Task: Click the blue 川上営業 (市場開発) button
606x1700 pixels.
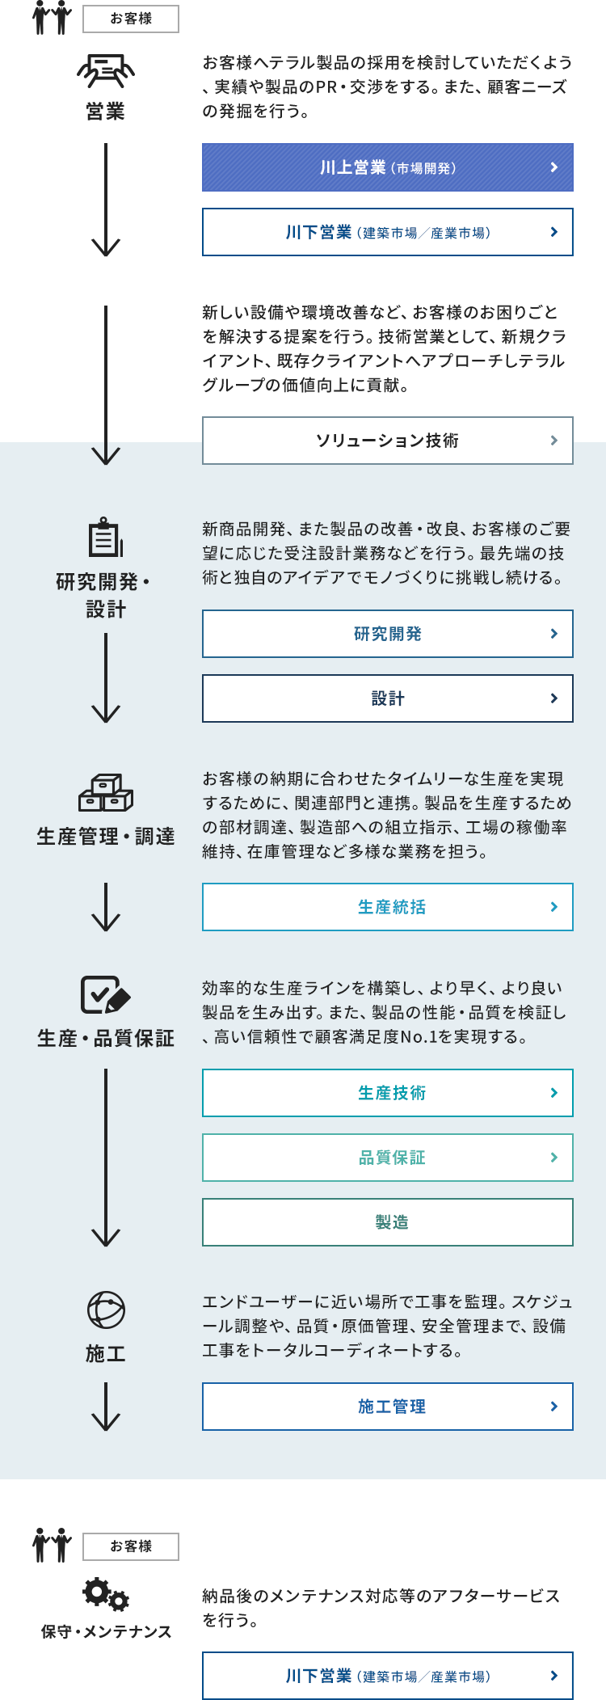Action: click(x=388, y=167)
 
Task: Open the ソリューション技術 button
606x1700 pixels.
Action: click(x=388, y=441)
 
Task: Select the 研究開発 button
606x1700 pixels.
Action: click(x=388, y=634)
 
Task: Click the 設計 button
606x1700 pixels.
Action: click(x=388, y=698)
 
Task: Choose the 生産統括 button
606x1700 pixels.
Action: click(x=388, y=907)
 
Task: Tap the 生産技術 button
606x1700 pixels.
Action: click(x=388, y=1093)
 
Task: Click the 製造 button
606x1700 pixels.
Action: click(x=388, y=1222)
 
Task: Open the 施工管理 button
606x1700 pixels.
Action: click(x=388, y=1407)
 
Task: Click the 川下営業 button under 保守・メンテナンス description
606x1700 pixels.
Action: click(x=388, y=1676)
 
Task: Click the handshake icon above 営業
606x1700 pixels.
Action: click(x=106, y=70)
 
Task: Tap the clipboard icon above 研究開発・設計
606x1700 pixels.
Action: click(x=106, y=537)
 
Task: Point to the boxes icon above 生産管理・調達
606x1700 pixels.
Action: click(x=106, y=793)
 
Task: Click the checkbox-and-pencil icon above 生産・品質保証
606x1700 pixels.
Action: click(x=106, y=994)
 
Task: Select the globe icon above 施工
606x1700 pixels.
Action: click(x=106, y=1310)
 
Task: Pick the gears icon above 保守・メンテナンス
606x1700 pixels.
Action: click(x=106, y=1594)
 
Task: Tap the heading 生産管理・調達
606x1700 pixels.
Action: click(x=106, y=837)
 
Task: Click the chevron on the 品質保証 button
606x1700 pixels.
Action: click(x=553, y=1158)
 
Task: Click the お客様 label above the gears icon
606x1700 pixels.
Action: click(x=131, y=1546)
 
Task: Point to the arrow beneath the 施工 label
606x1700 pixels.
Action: click(x=106, y=1407)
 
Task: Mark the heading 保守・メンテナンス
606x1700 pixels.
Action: click(x=106, y=1631)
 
